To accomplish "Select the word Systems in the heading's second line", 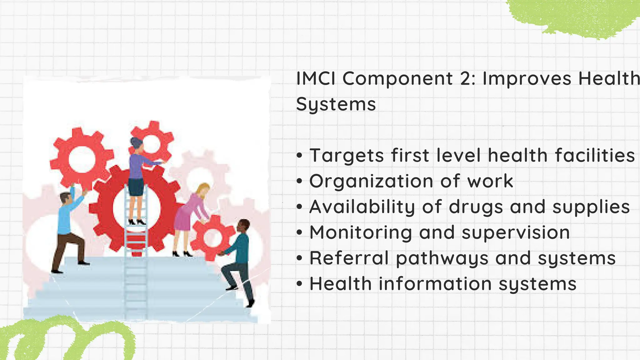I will click(x=336, y=104).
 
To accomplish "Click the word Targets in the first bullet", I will click(x=347, y=156).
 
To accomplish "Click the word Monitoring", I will click(x=361, y=232).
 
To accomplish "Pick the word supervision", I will click(x=516, y=232).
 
